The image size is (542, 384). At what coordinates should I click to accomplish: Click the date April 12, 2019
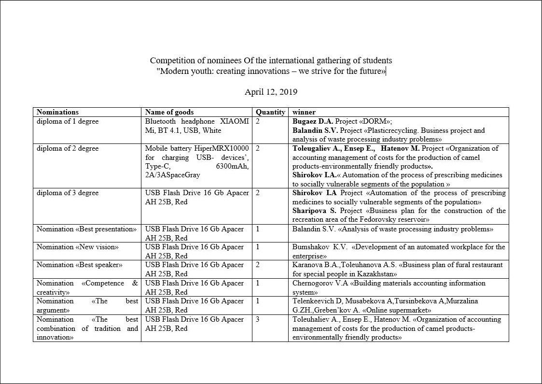[x=271, y=92]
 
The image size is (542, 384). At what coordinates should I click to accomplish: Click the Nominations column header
[x=57, y=112]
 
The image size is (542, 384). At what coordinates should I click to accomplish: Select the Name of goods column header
[x=169, y=112]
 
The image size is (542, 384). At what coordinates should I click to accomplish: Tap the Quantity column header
[x=270, y=112]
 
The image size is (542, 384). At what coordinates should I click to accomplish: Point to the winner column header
[x=304, y=112]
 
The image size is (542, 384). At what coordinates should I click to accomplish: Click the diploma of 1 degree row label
[x=68, y=121]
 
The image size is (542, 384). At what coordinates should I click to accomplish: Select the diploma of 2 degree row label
[x=68, y=148]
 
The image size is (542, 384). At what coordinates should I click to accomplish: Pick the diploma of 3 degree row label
[x=68, y=193]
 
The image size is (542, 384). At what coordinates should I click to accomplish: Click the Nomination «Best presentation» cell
[x=87, y=229]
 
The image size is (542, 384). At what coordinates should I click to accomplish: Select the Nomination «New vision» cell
[x=78, y=247]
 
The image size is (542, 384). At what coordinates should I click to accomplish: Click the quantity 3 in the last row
[x=258, y=319]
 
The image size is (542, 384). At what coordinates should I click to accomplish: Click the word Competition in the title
[x=170, y=61]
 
